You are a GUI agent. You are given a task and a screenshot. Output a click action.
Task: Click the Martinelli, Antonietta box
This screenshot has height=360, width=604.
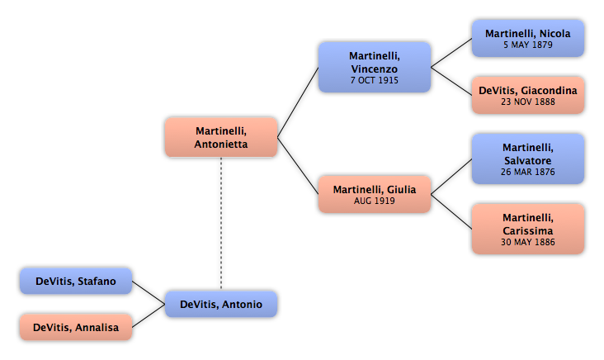click(x=221, y=137)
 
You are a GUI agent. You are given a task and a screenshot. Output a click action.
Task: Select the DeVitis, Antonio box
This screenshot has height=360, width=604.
click(x=221, y=304)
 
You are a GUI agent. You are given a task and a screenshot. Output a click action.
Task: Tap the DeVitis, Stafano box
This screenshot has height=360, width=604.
click(x=76, y=281)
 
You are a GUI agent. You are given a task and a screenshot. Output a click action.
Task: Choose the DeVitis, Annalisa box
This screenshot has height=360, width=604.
click(x=76, y=327)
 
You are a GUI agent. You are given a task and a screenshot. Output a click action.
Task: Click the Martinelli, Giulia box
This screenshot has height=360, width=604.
click(x=375, y=194)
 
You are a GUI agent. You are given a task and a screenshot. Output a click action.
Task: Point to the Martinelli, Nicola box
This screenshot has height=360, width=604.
click(x=528, y=39)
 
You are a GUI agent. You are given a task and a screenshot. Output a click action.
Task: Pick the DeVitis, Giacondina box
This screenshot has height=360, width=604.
click(x=528, y=95)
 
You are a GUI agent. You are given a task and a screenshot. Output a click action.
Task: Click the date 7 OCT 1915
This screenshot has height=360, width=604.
click(x=375, y=80)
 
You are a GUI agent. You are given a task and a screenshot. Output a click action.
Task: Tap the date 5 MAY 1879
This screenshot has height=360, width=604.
click(x=528, y=45)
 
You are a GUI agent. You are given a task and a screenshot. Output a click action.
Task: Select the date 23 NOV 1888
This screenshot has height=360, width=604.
click(x=528, y=102)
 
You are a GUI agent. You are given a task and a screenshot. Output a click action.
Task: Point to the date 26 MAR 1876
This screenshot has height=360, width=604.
click(x=528, y=172)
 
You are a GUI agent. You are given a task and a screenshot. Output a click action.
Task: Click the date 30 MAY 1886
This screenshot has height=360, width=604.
click(x=528, y=242)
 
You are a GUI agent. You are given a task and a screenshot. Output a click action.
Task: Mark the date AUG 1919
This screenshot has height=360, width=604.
click(x=375, y=201)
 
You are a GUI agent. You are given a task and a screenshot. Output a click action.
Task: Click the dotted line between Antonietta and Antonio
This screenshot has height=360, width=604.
click(x=221, y=224)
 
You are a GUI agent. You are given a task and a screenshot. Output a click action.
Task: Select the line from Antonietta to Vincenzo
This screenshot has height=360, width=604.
click(x=298, y=102)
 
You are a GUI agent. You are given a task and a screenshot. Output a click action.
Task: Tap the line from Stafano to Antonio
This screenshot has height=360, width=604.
click(x=149, y=292)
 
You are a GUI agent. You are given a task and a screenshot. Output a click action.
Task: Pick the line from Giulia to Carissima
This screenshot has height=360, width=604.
click(x=451, y=211)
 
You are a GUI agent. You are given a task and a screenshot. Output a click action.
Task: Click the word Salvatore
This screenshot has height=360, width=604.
click(x=528, y=160)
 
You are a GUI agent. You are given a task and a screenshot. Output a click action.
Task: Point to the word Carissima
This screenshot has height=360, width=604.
click(x=528, y=230)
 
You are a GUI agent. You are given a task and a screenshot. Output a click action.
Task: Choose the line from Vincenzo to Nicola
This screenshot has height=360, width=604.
click(x=451, y=53)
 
